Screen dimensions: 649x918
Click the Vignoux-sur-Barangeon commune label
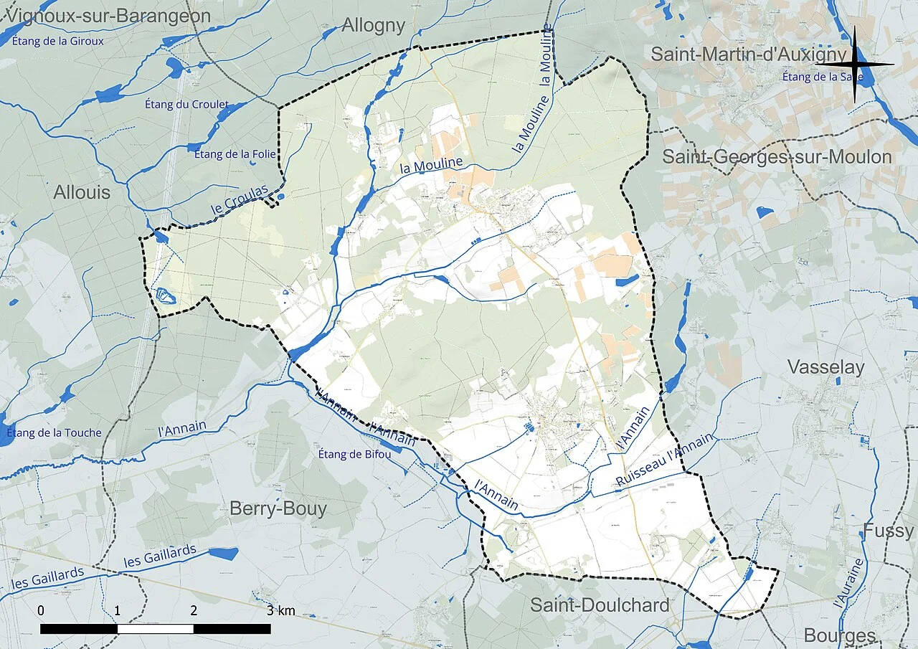pyautogui.click(x=108, y=16)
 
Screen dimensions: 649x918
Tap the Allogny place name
pyautogui.click(x=374, y=25)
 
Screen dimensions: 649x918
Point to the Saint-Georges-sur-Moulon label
pyautogui.click(x=777, y=157)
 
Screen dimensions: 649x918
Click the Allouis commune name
pyautogui.click(x=82, y=192)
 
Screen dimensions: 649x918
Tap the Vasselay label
pyautogui.click(x=825, y=367)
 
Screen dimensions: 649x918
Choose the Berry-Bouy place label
pyautogui.click(x=278, y=509)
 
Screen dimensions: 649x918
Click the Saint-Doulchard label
pyautogui.click(x=600, y=605)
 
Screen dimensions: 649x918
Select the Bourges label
pyautogui.click(x=839, y=635)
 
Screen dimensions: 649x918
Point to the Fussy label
pyautogui.click(x=888, y=531)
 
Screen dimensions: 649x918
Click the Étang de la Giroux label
pyautogui.click(x=58, y=41)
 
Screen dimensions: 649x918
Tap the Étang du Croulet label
pyautogui.click(x=186, y=105)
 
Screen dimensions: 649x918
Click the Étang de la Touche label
pyautogui.click(x=54, y=432)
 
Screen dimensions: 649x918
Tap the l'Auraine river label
pyautogui.click(x=850, y=584)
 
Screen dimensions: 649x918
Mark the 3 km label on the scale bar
pyautogui.click(x=280, y=611)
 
